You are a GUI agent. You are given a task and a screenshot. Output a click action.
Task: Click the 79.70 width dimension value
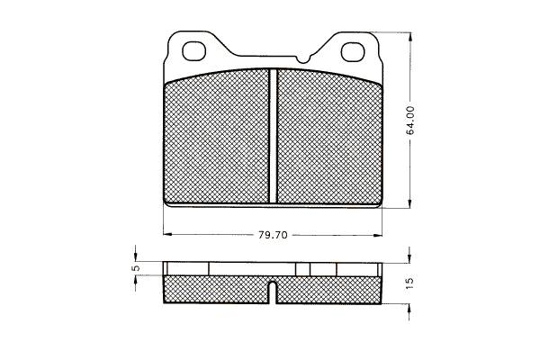point(273,235)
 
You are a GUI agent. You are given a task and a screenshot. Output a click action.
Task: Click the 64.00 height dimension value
point(410,120)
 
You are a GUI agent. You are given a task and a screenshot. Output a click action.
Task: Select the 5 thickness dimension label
point(137,267)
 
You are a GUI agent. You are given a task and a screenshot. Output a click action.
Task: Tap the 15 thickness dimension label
point(409,283)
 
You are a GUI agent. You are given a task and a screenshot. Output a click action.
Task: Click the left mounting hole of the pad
point(193,51)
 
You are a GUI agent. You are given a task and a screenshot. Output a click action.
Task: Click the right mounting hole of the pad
point(353,52)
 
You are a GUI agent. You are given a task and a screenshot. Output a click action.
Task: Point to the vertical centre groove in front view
point(273,136)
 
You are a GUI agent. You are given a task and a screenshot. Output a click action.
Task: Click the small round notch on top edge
point(303,60)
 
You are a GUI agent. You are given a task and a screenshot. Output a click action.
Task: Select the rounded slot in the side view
point(273,292)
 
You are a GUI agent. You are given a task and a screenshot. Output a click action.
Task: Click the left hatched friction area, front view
point(217,137)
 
